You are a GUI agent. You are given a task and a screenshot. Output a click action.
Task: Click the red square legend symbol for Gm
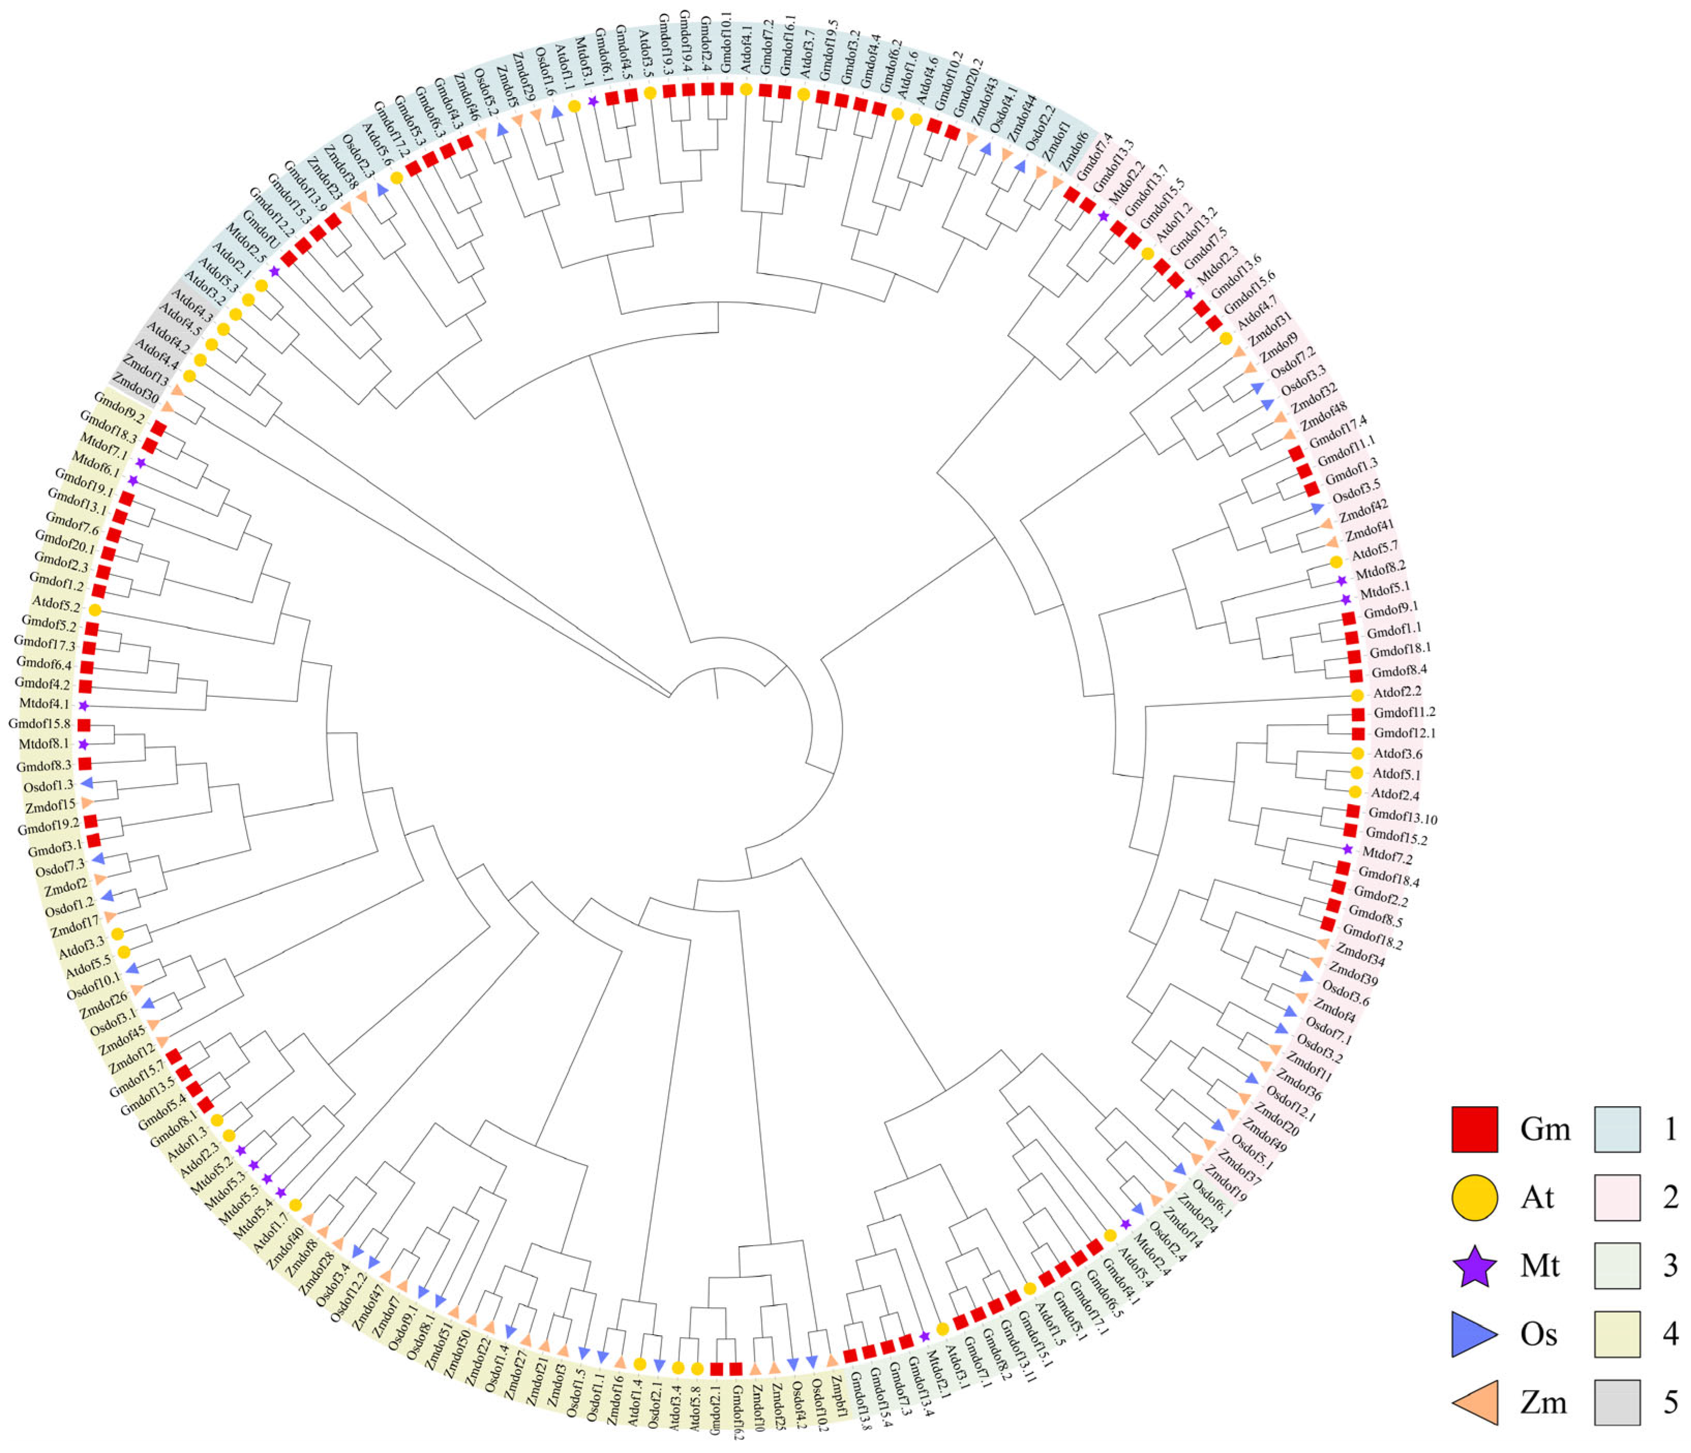[x=1474, y=1129]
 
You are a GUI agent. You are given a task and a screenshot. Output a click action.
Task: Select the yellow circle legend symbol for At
[x=1474, y=1198]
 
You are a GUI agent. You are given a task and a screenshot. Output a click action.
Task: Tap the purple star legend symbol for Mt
[x=1474, y=1266]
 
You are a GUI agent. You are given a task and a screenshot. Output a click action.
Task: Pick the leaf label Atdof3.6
[x=1398, y=754]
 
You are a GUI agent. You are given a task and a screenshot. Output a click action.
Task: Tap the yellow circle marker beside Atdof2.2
[x=1357, y=695]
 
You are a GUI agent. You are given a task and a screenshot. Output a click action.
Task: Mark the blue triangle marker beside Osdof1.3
[x=86, y=783]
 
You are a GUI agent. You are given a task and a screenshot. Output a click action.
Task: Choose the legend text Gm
[x=1545, y=1129]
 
